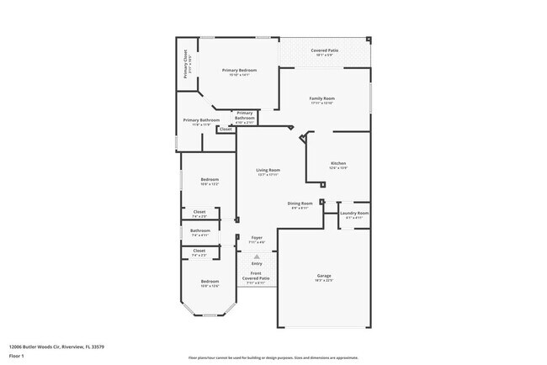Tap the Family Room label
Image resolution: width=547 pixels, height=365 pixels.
tap(322, 99)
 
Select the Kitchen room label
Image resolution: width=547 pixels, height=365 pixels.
tap(338, 163)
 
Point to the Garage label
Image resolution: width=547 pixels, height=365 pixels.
tap(324, 275)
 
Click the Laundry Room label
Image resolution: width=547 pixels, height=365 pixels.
tap(354, 214)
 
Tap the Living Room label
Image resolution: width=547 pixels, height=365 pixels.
tap(268, 170)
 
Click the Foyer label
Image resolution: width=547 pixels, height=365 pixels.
tap(257, 238)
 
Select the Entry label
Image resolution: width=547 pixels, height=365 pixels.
tap(257, 263)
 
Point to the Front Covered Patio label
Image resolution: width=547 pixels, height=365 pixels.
tap(257, 276)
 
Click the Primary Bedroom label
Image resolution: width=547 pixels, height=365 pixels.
tap(239, 70)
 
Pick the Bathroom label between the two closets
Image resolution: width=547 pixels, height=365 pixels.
tap(200, 230)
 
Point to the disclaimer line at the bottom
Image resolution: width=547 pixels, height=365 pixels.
tap(273, 357)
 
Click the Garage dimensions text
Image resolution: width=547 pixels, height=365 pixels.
tap(324, 281)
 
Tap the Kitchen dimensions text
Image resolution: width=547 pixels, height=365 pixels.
tap(338, 168)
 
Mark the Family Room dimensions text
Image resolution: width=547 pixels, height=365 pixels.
tap(322, 104)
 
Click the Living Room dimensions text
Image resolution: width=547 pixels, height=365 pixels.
tap(268, 175)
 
